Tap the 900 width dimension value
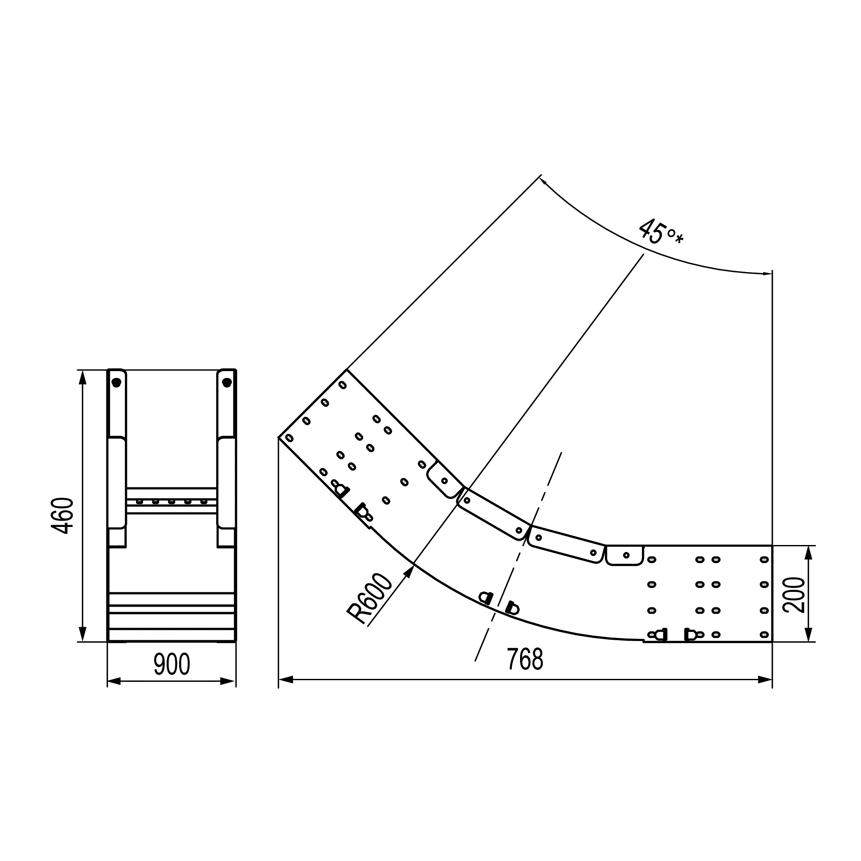[172, 664]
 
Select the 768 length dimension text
[525, 660]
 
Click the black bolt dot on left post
[116, 382]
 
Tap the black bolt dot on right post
[227, 382]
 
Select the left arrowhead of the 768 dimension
[286, 680]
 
